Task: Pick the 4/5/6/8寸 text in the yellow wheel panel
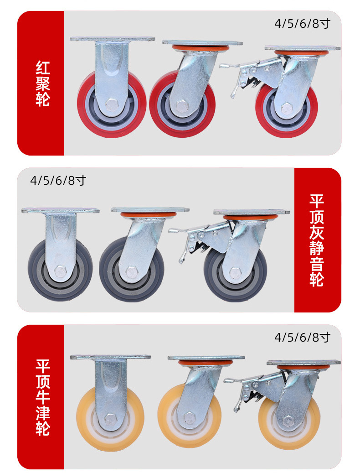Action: point(302,338)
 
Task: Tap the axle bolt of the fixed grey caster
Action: point(60,272)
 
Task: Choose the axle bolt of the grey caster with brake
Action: point(235,273)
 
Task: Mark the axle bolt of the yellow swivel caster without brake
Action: point(188,418)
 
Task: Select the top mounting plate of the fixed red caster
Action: point(112,39)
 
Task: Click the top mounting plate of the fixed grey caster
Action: point(60,210)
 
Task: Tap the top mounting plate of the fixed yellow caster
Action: point(110,357)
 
